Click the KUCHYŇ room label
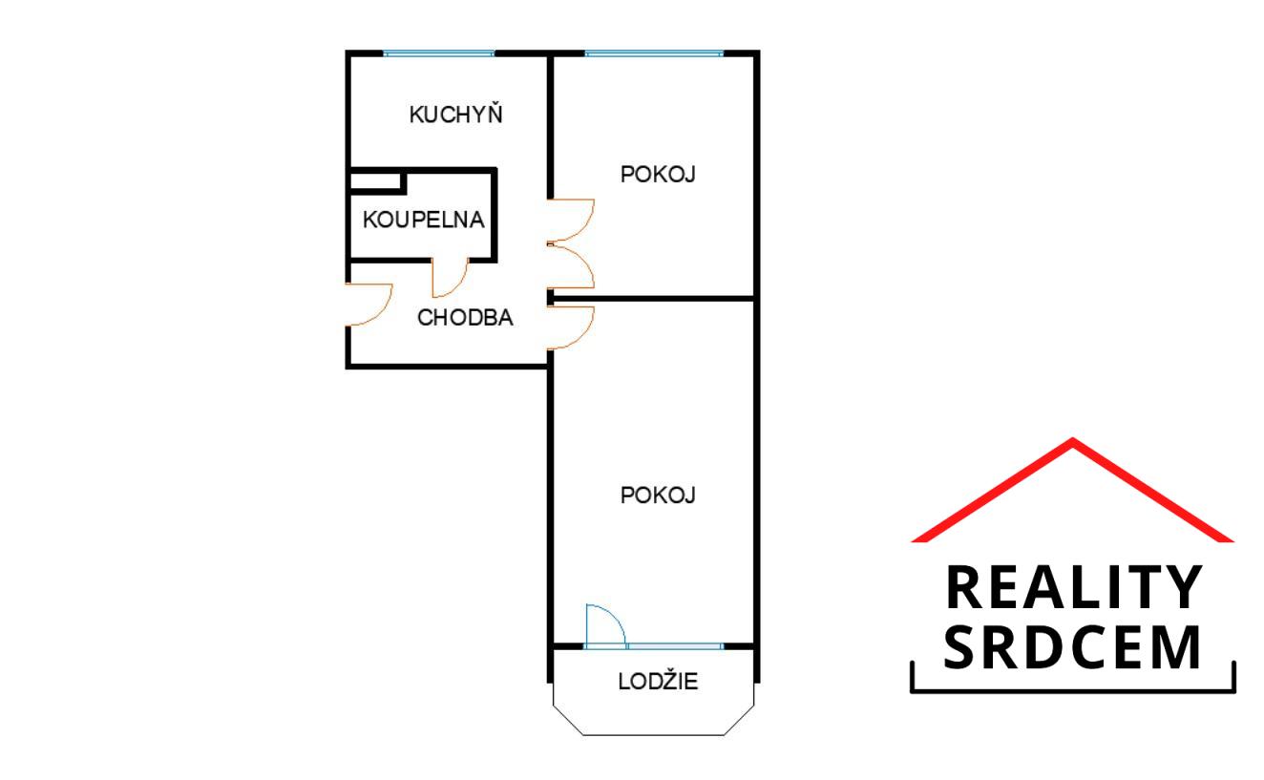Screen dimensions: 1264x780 coord(455,114)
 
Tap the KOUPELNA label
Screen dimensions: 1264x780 coord(423,220)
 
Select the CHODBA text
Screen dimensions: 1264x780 coord(465,318)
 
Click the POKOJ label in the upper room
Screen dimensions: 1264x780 coord(658,175)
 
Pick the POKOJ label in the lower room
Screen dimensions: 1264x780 coord(658,495)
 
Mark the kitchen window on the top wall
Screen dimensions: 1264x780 coord(439,53)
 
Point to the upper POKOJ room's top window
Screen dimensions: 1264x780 coord(654,53)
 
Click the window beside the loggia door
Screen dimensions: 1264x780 coord(676,646)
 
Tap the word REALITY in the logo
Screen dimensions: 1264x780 coord(1074,587)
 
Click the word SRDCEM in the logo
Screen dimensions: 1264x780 coord(1072,647)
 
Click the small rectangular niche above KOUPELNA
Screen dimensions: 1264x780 coord(376,181)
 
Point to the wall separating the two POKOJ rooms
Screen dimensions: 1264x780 coord(653,298)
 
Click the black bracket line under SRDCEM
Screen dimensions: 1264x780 coord(1073,689)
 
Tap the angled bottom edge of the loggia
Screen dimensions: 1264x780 coord(653,735)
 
